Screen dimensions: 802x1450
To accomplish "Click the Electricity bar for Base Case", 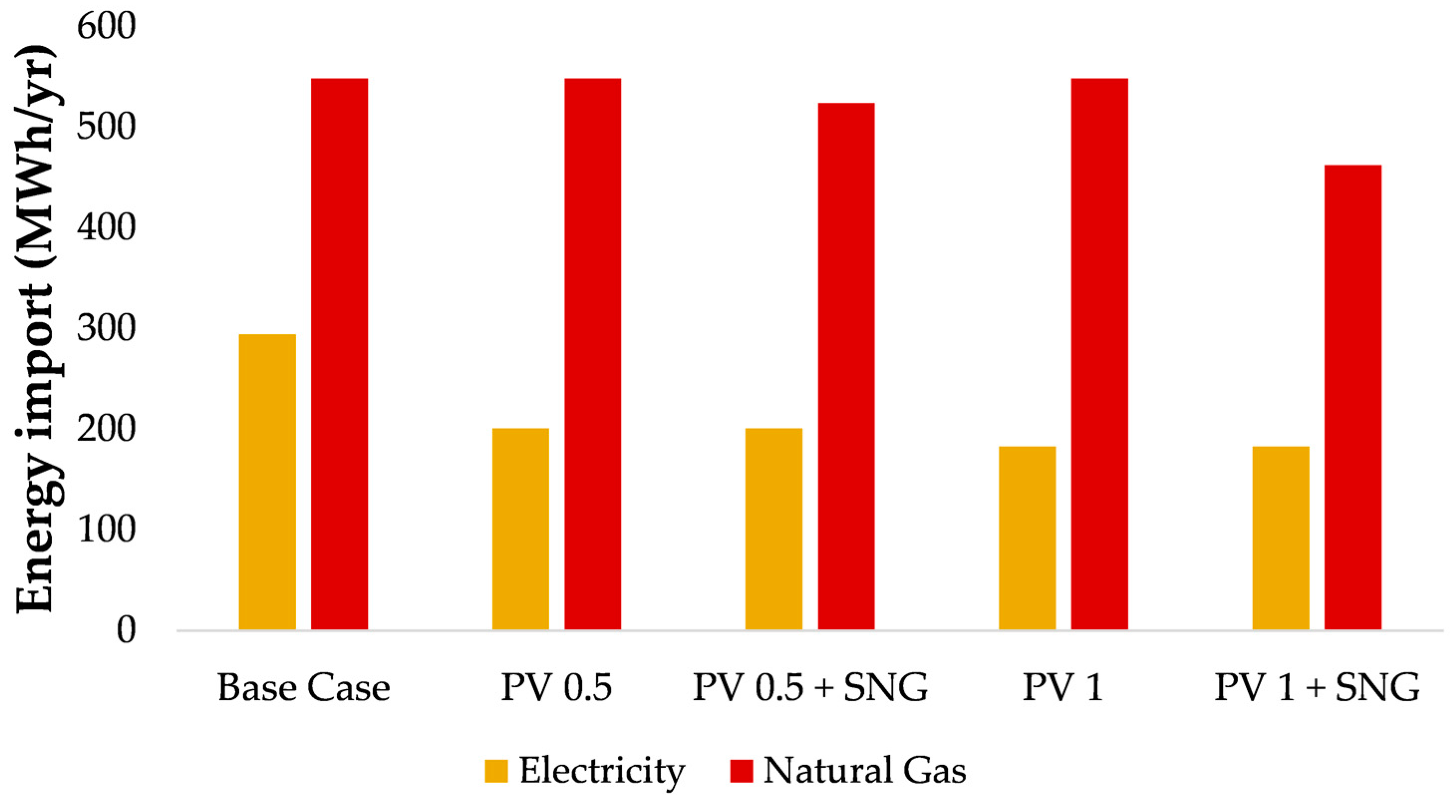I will point(268,482).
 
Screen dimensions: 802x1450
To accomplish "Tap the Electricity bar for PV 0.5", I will point(521,529).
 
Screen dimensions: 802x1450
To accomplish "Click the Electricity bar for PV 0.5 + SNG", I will point(774,529).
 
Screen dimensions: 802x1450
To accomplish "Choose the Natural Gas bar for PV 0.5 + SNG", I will point(846,366).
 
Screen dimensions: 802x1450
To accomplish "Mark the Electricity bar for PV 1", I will point(1027,538).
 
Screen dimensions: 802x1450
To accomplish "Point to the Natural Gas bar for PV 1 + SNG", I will point(1353,397).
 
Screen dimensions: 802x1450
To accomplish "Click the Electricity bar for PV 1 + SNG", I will point(1281,538).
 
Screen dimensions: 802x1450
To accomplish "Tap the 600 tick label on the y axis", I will point(107,26).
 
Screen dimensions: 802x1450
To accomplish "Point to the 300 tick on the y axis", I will point(107,328).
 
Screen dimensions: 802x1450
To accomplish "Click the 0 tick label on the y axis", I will point(126,630).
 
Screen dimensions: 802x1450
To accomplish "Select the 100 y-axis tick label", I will point(107,529).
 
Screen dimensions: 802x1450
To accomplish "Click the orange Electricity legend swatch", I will point(496,771).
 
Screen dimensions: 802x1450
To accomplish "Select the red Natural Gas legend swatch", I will point(741,771).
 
